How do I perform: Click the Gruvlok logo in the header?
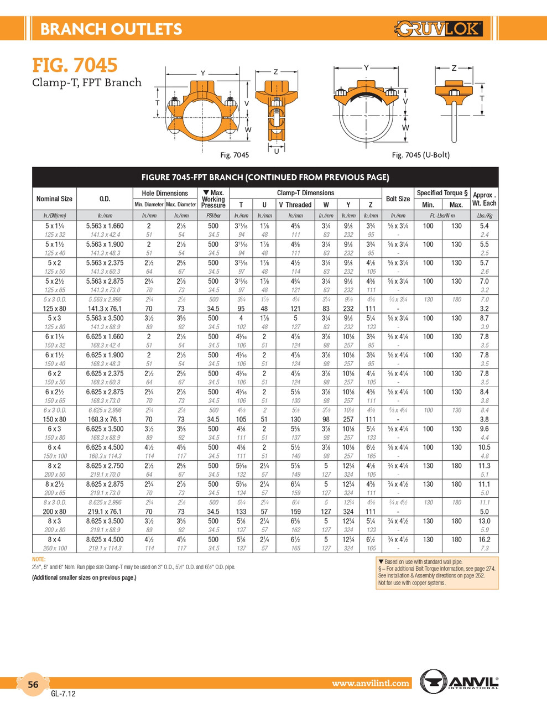(x=439, y=28)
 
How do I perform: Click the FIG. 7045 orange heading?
(x=75, y=65)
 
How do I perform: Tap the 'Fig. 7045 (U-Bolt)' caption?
(x=420, y=155)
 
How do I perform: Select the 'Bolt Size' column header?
(x=398, y=199)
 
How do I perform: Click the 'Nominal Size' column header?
(x=54, y=199)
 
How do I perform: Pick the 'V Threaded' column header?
(x=295, y=205)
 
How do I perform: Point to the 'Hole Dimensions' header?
(x=165, y=193)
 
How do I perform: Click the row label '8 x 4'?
(x=54, y=539)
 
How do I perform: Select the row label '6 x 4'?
(x=54, y=447)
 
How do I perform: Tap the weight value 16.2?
(x=484, y=539)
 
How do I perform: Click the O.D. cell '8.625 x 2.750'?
(x=105, y=466)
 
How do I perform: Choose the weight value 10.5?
(x=484, y=447)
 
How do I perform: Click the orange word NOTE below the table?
(x=39, y=560)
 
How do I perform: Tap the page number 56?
(x=33, y=685)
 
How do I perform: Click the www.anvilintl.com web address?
(x=371, y=684)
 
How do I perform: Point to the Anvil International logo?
(x=460, y=681)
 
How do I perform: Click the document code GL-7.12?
(x=63, y=694)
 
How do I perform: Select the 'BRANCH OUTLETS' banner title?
(x=111, y=29)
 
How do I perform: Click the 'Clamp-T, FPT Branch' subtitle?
(x=86, y=83)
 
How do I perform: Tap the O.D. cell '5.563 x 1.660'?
(x=105, y=226)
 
